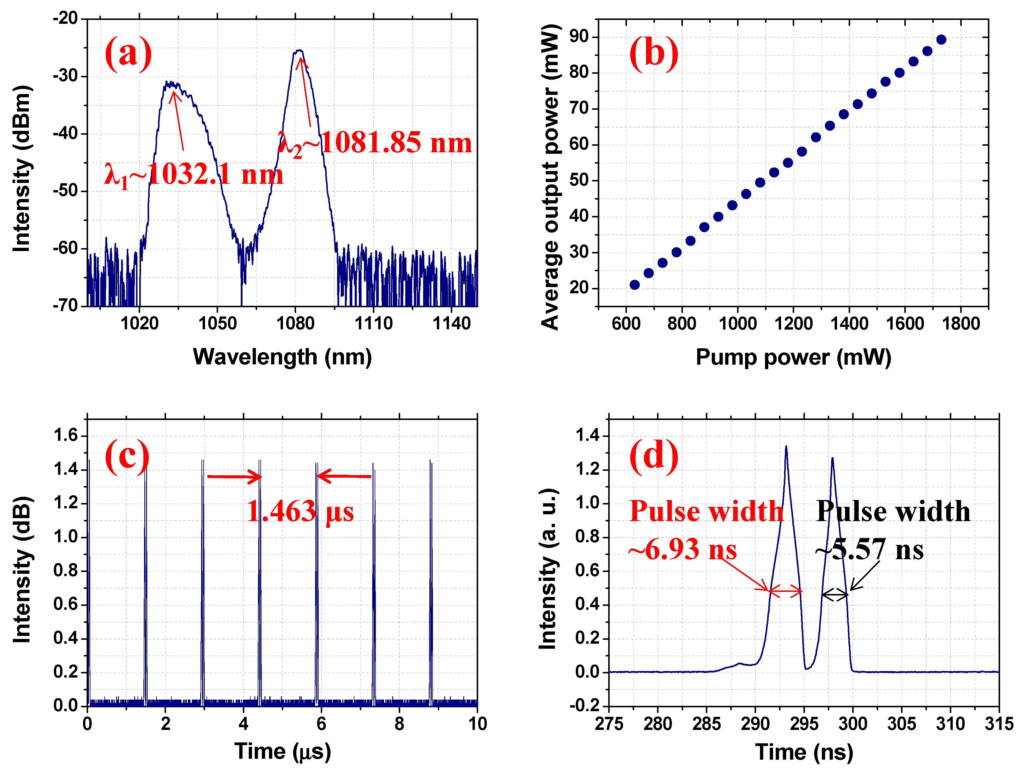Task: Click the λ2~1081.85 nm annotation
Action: [375, 142]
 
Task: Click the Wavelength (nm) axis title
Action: [282, 357]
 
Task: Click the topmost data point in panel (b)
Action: [941, 40]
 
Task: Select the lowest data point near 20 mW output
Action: [634, 285]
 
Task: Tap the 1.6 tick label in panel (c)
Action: [66, 435]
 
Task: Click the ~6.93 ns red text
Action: [682, 550]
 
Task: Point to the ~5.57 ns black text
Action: [869, 550]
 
